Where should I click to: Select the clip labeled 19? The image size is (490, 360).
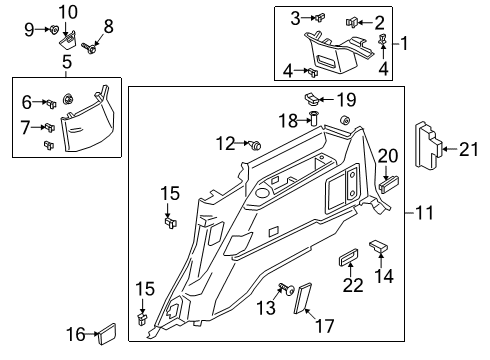point(311,99)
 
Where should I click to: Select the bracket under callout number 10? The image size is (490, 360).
point(67,38)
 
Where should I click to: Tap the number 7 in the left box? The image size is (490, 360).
point(25,126)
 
